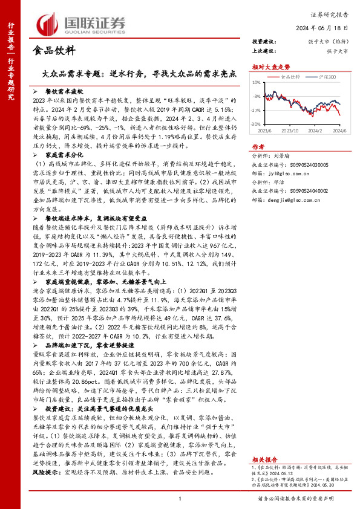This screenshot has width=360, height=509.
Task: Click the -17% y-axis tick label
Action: [258, 110]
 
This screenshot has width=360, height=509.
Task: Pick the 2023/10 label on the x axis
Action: [292, 131]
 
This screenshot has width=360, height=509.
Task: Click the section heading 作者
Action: [258, 147]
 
